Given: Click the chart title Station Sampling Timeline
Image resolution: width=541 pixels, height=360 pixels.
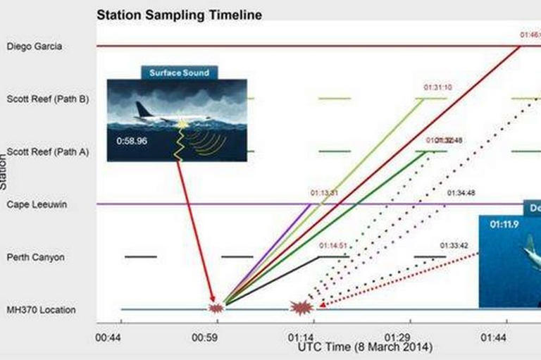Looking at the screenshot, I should click(179, 14).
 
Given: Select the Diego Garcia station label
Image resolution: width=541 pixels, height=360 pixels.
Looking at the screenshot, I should click(35, 46).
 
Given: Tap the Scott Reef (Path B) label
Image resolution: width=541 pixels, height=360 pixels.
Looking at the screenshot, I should click(47, 99).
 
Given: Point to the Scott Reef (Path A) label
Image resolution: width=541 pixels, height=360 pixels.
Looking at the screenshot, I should click(47, 151).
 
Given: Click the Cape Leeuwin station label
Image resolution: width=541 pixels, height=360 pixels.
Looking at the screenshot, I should click(36, 204).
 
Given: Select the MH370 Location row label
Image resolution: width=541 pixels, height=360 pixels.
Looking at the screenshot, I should click(41, 310).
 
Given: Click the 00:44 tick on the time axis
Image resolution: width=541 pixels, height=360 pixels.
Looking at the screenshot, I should click(109, 337).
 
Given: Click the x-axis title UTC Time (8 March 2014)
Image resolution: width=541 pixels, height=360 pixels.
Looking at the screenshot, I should click(365, 348).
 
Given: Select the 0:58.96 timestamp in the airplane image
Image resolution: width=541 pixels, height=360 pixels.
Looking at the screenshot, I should click(132, 141).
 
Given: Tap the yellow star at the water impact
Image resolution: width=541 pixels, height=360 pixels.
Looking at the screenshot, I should click(183, 125).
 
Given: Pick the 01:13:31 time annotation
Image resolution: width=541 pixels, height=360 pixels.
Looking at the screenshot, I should click(324, 192).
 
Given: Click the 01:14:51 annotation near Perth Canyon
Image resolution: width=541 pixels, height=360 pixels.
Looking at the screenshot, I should click(333, 246).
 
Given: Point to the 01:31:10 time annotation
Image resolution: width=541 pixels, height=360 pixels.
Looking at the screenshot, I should click(437, 87).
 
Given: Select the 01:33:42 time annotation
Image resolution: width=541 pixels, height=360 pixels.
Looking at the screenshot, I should click(454, 245).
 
